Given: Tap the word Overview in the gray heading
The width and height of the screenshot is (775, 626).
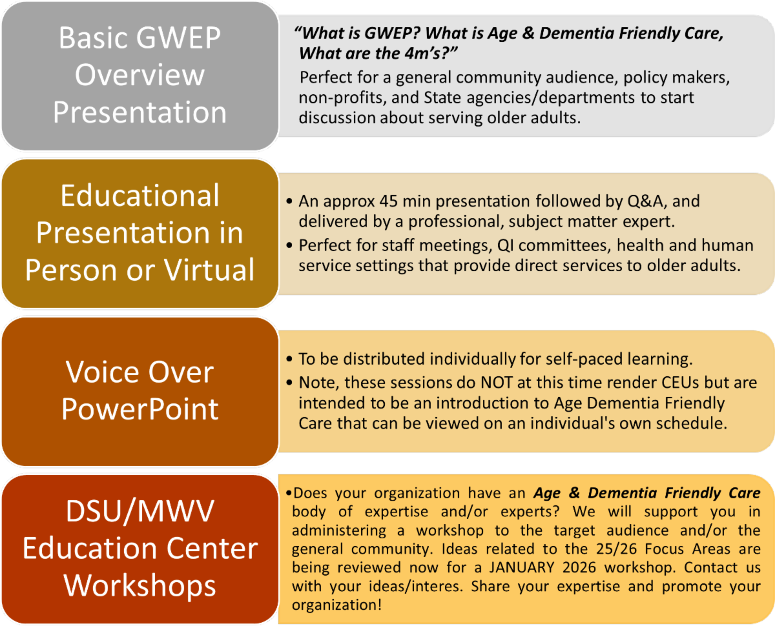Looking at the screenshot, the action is [x=139, y=75].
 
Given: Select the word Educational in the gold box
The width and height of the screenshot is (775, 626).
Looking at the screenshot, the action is [x=139, y=196].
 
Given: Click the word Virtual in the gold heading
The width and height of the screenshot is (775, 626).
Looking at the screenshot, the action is [x=209, y=270].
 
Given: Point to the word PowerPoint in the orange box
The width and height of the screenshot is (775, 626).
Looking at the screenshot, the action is [x=139, y=409].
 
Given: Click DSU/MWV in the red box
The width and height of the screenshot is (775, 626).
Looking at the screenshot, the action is [x=139, y=511].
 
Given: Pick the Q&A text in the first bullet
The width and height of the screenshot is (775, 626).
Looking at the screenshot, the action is [x=647, y=201].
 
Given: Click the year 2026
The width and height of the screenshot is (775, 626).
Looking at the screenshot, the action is [x=579, y=567].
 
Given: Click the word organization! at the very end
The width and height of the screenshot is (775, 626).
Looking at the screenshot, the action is [x=337, y=605].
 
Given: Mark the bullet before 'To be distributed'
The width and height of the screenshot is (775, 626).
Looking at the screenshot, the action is [x=289, y=359].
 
